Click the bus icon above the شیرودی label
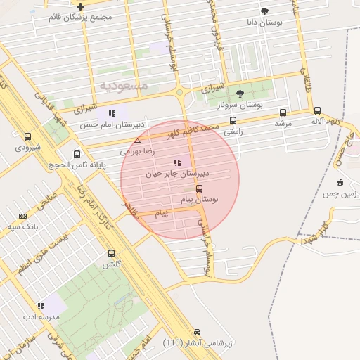coord(28,137)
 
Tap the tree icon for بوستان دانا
coord(264,11)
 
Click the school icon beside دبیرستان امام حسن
coord(111,113)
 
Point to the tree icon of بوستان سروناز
coord(240,94)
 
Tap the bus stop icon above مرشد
coord(283,112)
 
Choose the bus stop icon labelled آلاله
coord(317,110)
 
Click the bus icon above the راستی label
coord(233,120)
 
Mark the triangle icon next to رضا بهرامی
coord(138,141)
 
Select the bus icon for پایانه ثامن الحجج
coord(77,154)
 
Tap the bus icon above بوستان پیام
coord(199,188)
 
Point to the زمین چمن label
coord(340,193)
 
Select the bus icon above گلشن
coord(111,253)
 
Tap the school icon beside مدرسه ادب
coord(41,306)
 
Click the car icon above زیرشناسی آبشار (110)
coord(197,332)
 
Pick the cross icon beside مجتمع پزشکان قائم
coord(81,6)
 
